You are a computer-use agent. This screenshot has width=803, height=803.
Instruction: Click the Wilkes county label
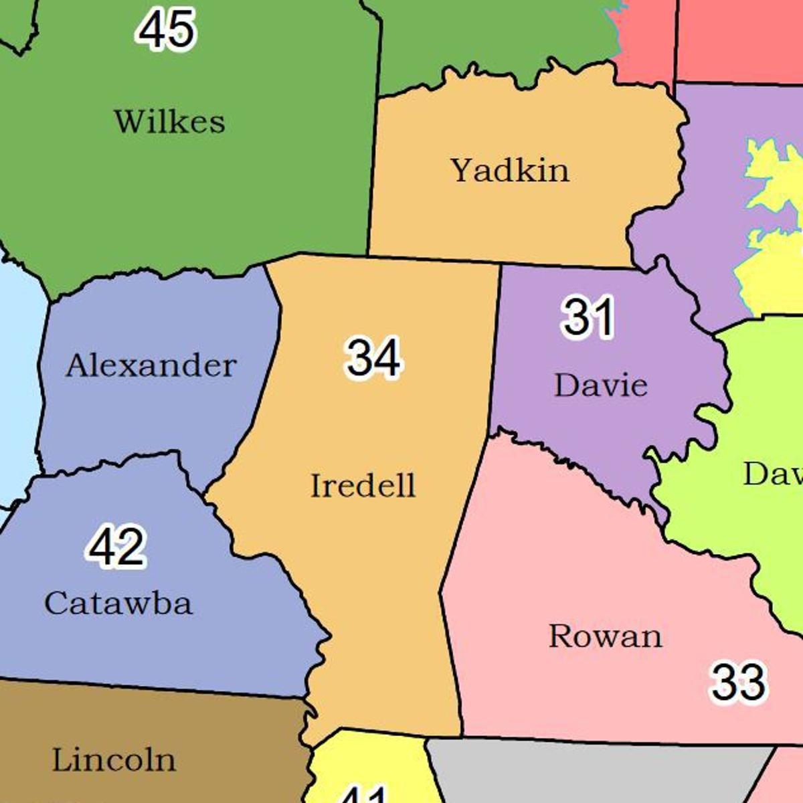point(169,122)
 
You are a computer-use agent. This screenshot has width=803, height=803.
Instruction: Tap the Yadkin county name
point(510,170)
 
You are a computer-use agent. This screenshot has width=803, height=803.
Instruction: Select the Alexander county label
point(151,365)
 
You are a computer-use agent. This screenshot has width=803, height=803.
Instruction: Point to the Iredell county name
point(363,486)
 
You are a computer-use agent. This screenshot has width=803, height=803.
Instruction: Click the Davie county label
point(601,385)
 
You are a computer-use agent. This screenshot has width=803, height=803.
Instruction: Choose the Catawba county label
point(118,603)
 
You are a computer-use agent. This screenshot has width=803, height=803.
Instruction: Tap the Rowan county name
point(606,636)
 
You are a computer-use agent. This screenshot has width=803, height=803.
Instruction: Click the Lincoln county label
point(114,760)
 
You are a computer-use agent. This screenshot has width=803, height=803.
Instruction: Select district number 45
point(167,29)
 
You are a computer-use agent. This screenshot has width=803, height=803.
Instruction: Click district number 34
point(373,357)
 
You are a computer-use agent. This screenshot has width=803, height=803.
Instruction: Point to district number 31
point(588,317)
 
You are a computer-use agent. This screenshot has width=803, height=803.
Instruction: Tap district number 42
point(116,547)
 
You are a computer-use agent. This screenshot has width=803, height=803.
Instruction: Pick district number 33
point(738,682)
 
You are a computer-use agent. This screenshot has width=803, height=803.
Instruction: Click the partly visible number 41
point(365,795)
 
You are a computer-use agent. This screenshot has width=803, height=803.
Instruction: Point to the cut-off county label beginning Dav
point(773,474)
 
